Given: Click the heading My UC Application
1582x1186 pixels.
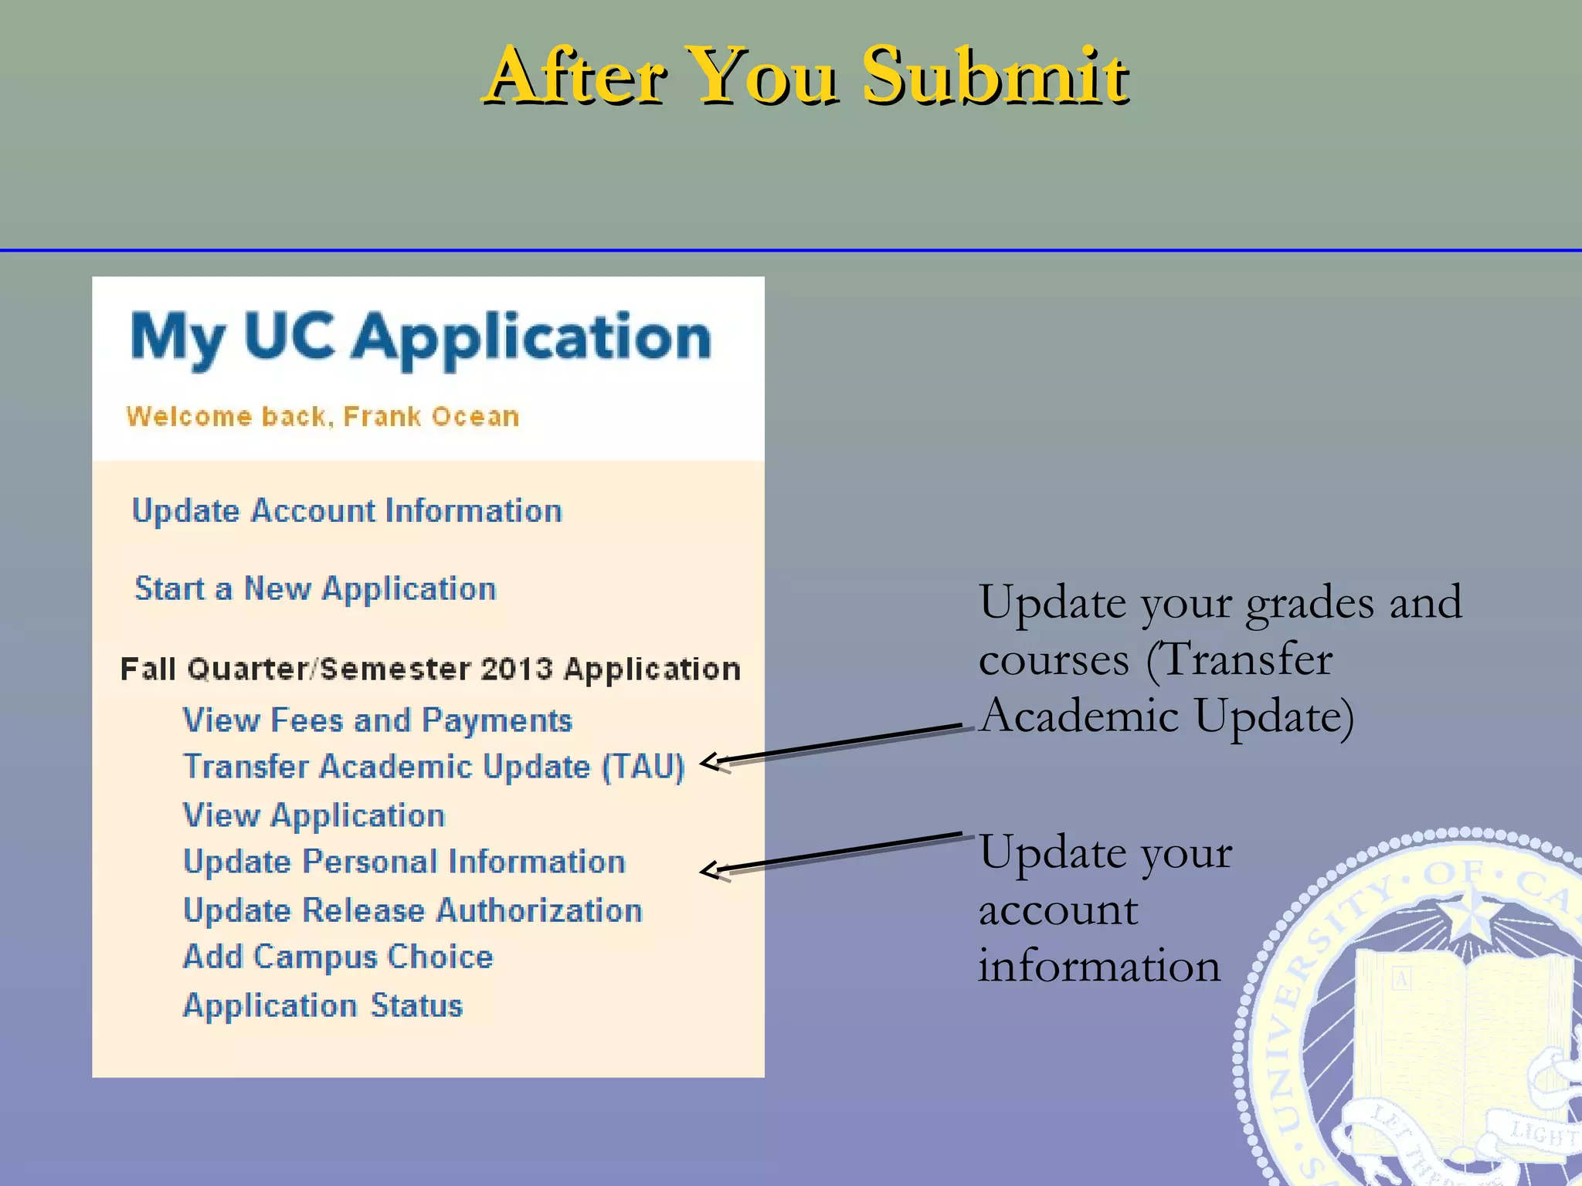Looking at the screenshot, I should (x=420, y=338).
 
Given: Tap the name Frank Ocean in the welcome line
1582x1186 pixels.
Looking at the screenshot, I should (x=430, y=417).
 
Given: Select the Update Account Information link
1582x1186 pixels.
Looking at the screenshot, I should (x=347, y=511).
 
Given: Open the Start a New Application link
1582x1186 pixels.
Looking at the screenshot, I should (x=315, y=589).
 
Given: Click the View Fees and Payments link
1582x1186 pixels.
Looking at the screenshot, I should (x=377, y=720).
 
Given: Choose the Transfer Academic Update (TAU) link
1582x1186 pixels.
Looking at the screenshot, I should (x=433, y=768).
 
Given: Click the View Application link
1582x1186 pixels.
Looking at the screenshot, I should (x=314, y=815).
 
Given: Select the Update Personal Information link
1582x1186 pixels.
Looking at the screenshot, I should (x=404, y=862).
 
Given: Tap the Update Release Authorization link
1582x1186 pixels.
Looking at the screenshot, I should (x=412, y=910).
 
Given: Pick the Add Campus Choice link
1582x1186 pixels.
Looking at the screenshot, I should (x=338, y=957).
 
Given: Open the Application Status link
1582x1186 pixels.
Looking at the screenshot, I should (x=322, y=1006).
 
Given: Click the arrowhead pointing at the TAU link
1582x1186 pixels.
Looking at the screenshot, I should (x=711, y=762).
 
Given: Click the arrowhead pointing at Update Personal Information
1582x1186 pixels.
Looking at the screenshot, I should (x=711, y=870).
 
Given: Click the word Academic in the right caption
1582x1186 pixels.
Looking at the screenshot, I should (x=1078, y=716).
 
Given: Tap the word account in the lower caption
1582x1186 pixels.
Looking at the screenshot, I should (x=1057, y=910).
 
